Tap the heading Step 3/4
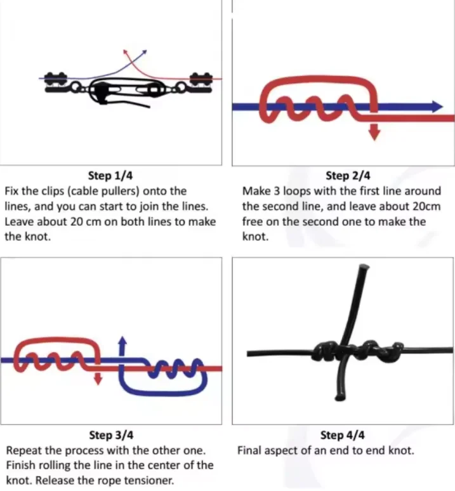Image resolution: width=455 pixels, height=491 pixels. (110, 435)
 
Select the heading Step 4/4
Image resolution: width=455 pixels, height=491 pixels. (343, 435)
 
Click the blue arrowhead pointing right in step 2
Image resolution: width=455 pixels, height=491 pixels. (436, 107)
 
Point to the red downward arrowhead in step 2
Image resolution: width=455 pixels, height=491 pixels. (374, 134)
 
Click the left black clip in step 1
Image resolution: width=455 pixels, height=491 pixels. (56, 82)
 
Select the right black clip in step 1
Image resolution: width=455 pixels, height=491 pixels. (200, 82)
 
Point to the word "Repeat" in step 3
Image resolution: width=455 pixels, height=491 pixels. (22, 450)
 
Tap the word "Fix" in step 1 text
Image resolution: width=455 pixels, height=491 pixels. (13, 190)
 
